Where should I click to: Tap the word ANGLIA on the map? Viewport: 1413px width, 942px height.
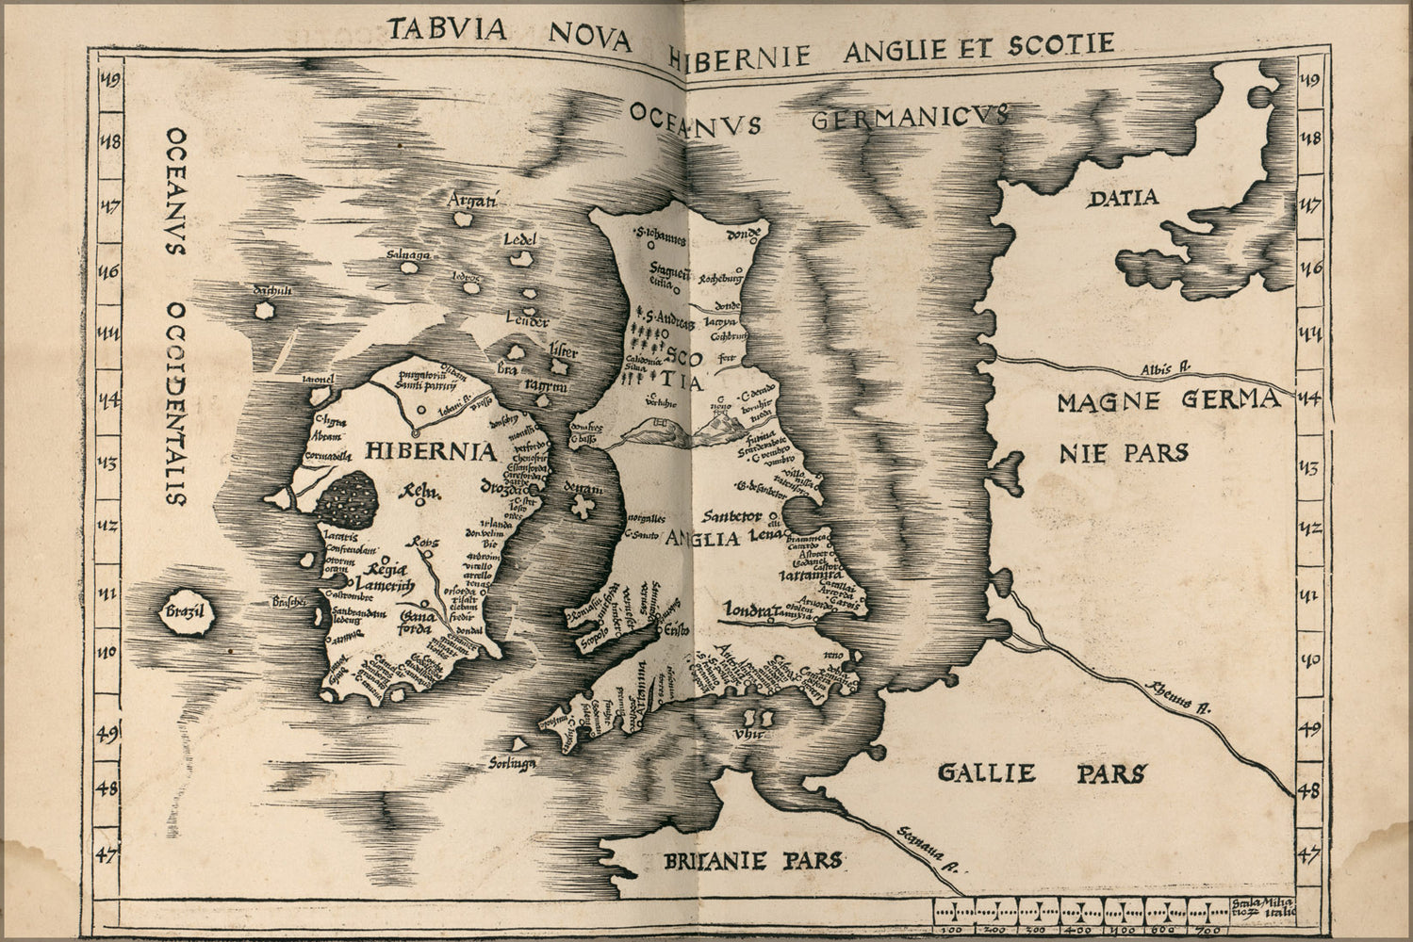[x=699, y=540]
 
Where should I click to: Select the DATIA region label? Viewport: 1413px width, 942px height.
[x=1121, y=198]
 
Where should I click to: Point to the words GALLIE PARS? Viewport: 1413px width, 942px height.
[x=1042, y=773]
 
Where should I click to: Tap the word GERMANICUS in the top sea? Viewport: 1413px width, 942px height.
[x=910, y=118]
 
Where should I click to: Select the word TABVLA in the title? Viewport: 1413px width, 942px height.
[x=447, y=29]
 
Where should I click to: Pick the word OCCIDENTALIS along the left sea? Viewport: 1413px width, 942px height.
[x=176, y=404]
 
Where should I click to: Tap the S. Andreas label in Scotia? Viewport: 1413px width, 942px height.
[x=665, y=322]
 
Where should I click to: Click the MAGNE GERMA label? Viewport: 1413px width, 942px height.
[x=1168, y=402]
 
